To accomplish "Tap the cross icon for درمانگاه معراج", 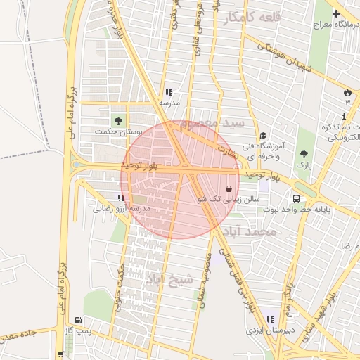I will coord(336,13).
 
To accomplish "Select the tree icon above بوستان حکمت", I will coord(117,120).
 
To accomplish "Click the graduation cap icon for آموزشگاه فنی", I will coord(263,136).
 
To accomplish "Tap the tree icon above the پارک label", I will coord(304,154).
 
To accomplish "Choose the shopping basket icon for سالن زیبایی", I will coord(230,188).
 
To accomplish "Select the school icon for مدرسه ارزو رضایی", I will coord(122,198).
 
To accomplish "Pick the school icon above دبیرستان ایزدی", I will coord(270,320).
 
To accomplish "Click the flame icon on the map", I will coord(347,93).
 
